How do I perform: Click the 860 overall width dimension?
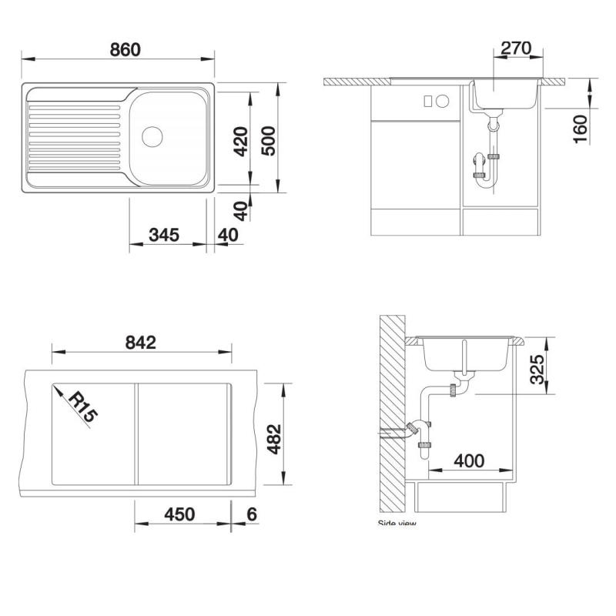pos(125,50)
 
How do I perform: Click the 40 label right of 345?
pos(228,235)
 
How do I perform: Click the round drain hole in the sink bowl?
pos(152,137)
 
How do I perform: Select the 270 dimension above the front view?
pos(516,49)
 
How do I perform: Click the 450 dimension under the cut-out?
pos(179,514)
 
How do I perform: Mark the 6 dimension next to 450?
pos(251,514)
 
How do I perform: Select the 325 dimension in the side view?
pos(538,370)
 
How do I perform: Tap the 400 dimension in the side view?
pos(469,460)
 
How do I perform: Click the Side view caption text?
pos(397,524)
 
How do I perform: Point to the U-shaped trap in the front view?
pos(486,167)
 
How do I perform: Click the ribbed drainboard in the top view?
pos(74,136)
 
